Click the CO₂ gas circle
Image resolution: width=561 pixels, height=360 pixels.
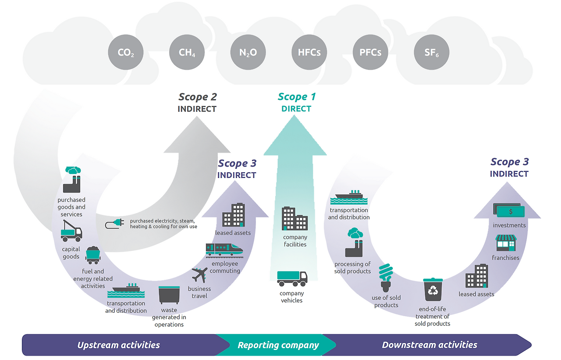click(126, 53)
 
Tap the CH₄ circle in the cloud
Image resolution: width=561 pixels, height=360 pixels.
click(187, 53)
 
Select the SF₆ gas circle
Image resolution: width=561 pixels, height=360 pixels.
click(431, 53)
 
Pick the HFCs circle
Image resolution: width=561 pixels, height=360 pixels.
click(309, 53)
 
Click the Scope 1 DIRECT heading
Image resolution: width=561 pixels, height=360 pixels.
click(297, 102)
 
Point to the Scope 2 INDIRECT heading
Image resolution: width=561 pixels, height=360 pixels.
click(197, 102)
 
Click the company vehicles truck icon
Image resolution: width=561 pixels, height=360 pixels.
click(292, 278)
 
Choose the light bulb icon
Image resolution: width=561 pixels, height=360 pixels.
click(386, 278)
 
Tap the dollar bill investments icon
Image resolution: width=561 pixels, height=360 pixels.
click(509, 211)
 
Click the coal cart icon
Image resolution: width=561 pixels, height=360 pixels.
click(93, 255)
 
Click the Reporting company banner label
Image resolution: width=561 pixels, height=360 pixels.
click(278, 345)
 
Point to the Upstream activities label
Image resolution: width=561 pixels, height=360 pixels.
click(118, 345)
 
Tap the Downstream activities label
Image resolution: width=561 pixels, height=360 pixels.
click(430, 345)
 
